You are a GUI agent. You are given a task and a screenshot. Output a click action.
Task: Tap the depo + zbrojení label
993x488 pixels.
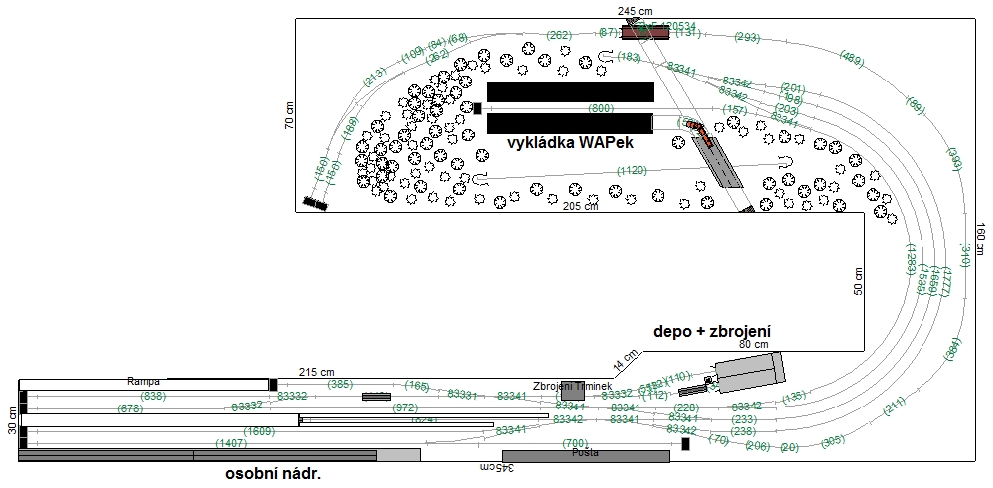tap(712, 331)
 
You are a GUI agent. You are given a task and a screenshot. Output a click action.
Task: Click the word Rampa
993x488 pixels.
tap(144, 381)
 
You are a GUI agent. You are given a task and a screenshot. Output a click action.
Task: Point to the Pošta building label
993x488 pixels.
tap(586, 453)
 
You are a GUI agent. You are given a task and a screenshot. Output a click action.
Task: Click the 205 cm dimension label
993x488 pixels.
tap(581, 207)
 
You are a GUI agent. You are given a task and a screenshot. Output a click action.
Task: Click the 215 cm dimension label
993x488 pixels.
tap(317, 372)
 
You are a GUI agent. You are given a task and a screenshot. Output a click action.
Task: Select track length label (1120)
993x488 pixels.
tap(632, 171)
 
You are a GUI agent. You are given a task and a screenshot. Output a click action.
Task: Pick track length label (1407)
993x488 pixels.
tap(230, 444)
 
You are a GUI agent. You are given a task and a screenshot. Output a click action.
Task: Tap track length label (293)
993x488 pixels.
tap(746, 37)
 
